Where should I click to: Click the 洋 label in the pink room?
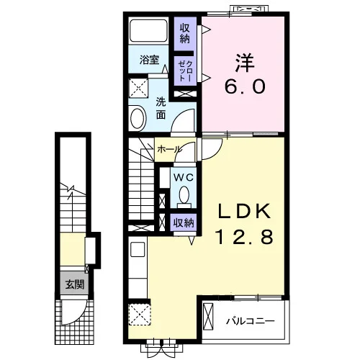(245, 63)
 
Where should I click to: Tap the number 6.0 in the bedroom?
(245, 86)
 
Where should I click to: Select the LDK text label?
(245, 211)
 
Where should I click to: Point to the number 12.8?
(245, 236)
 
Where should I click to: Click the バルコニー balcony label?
(250, 321)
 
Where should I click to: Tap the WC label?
(184, 178)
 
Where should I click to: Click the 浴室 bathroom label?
(149, 60)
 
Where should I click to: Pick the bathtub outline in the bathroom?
(148, 30)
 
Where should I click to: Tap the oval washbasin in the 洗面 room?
(138, 118)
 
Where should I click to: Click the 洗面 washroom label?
(161, 109)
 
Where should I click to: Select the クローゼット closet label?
(186, 71)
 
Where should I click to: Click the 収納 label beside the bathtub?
(185, 34)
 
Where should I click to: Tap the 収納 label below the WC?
(184, 223)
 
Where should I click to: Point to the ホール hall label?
(169, 150)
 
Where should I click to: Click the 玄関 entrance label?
(75, 285)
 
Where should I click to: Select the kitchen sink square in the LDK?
(138, 249)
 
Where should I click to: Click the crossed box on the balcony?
(208, 317)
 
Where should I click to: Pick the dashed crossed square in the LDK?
(140, 314)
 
